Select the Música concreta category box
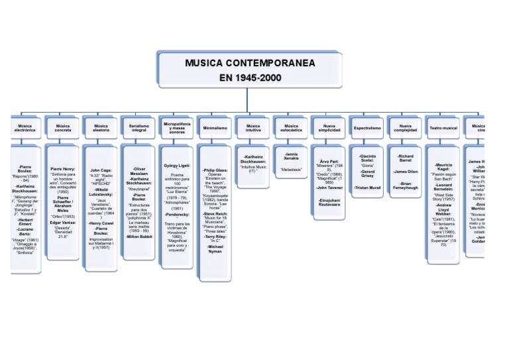[63, 128]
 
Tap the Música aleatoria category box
[101, 128]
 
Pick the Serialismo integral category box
[139, 128]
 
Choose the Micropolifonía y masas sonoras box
[177, 128]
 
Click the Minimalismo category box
[215, 128]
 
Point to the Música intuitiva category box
[253, 128]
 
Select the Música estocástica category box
[291, 128]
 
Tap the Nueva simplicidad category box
[329, 128]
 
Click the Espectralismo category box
[367, 128]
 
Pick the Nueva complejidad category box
[406, 128]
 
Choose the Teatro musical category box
[443, 128]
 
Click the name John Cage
[101, 170]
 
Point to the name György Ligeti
[177, 165]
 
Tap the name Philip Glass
[215, 170]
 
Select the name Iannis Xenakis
[292, 157]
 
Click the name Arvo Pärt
[329, 161]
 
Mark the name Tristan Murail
[367, 188]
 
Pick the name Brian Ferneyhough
[406, 186]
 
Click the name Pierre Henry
[63, 169]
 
